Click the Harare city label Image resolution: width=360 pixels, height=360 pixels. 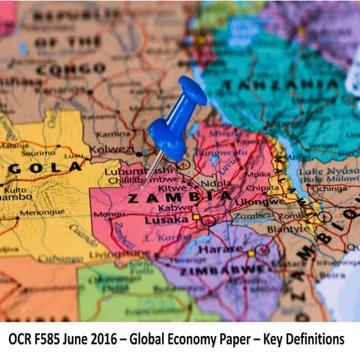(228, 248)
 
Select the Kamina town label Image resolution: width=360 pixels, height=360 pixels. (114, 133)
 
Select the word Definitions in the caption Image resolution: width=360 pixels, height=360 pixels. (309, 339)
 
